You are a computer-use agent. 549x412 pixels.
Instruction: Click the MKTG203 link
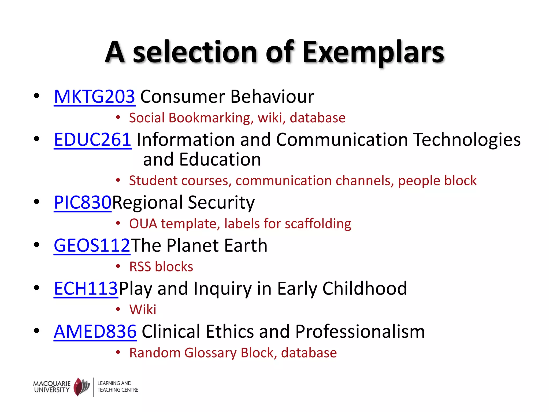(x=94, y=97)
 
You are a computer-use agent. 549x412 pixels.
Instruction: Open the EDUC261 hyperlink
(x=92, y=140)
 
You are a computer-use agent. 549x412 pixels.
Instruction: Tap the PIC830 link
(x=83, y=202)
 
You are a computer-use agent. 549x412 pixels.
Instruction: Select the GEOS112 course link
(x=92, y=245)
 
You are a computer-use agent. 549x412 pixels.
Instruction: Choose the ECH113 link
(x=86, y=289)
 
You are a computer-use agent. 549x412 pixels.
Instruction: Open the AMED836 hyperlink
(x=95, y=332)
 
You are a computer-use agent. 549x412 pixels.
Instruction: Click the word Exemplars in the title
(x=373, y=52)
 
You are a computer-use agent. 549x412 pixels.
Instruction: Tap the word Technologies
(x=467, y=140)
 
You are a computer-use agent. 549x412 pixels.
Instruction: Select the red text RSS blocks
(x=161, y=267)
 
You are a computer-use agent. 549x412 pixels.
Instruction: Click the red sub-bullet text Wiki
(x=143, y=310)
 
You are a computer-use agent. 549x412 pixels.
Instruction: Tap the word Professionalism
(x=360, y=332)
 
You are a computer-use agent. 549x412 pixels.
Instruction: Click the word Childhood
(x=365, y=289)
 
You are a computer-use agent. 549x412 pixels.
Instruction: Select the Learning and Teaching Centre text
(x=118, y=387)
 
